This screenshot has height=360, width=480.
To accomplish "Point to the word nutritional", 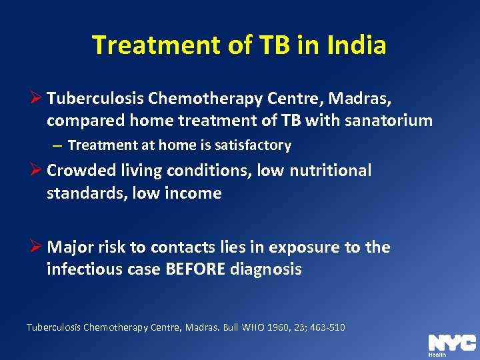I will (x=329, y=171).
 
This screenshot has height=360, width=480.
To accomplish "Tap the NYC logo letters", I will (x=451, y=343).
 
